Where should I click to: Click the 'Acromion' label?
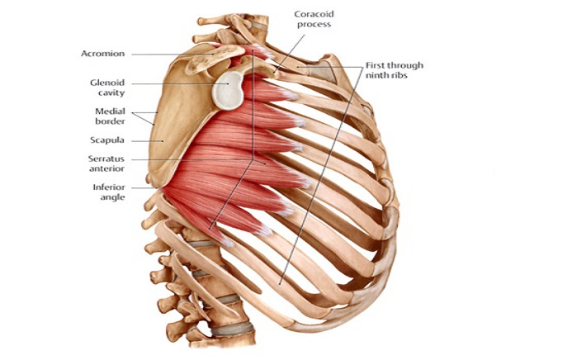[103, 54]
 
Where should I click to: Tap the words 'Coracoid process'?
[314, 19]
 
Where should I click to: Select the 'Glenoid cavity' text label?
[107, 88]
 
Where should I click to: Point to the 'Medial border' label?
[110, 116]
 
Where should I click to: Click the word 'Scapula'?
[107, 140]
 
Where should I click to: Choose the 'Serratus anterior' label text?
[106, 163]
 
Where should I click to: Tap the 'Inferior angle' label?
[109, 192]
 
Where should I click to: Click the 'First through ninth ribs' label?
[395, 70]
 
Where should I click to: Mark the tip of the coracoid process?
[276, 73]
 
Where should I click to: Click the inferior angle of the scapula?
[159, 187]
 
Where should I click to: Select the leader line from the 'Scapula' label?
[148, 141]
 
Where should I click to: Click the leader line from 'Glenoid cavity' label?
[181, 83]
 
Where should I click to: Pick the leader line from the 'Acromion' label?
[173, 54]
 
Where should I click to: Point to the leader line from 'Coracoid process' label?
[289, 52]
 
